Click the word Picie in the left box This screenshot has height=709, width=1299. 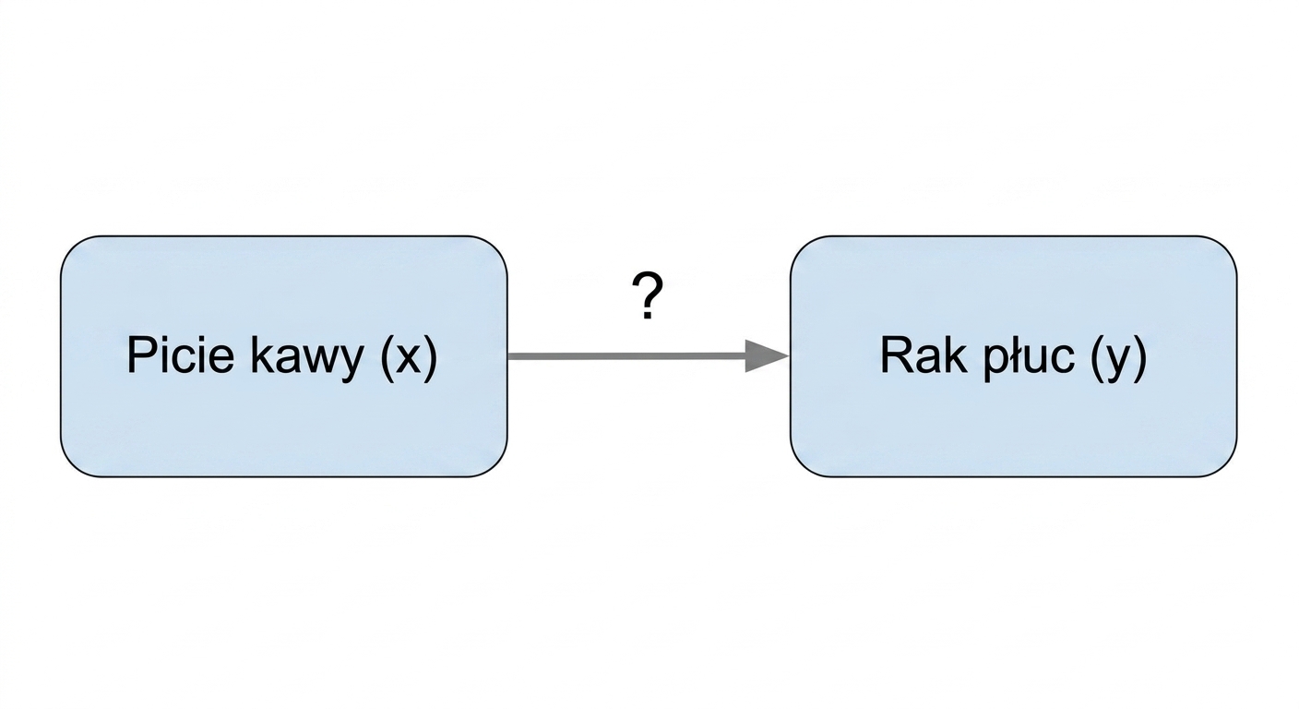[x=180, y=354]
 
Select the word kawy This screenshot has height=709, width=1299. [x=307, y=358]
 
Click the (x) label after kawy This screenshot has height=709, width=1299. [x=409, y=358]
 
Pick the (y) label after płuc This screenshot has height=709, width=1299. [x=1118, y=358]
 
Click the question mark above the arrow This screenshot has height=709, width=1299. [x=647, y=295]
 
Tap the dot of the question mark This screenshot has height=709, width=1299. [x=647, y=315]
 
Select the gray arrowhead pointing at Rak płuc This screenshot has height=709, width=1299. [x=767, y=355]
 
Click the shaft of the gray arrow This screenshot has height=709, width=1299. [x=626, y=356]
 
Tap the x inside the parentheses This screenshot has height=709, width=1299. [x=410, y=360]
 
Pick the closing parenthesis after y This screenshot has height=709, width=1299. [x=1140, y=358]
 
